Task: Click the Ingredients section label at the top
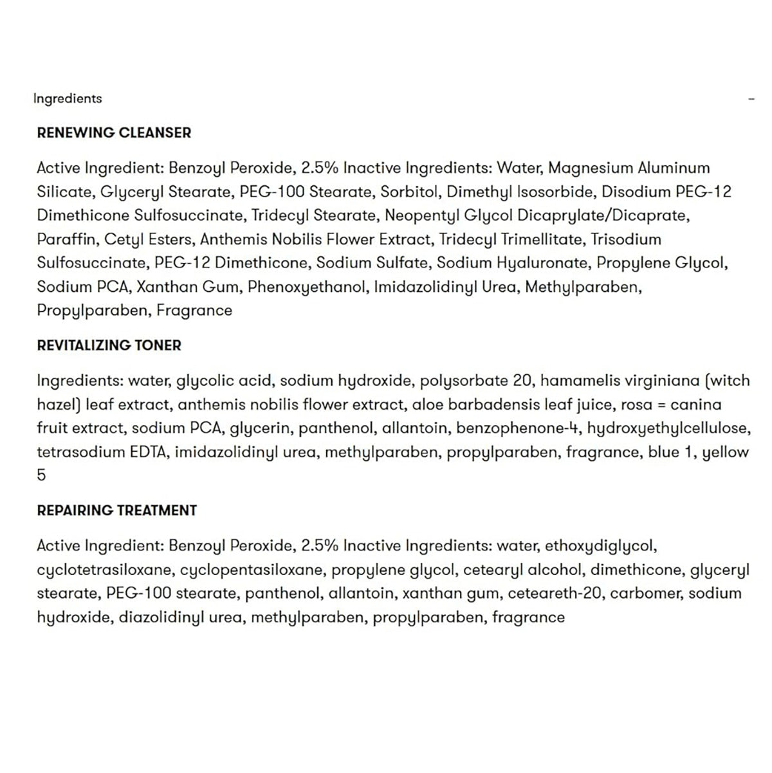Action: click(68, 98)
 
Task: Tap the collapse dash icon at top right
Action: click(751, 99)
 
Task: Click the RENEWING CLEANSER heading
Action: click(114, 133)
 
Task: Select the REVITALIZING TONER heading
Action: click(109, 345)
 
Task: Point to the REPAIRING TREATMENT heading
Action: click(116, 511)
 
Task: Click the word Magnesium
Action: click(591, 168)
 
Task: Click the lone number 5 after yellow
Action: click(42, 476)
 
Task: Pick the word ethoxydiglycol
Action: click(600, 546)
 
